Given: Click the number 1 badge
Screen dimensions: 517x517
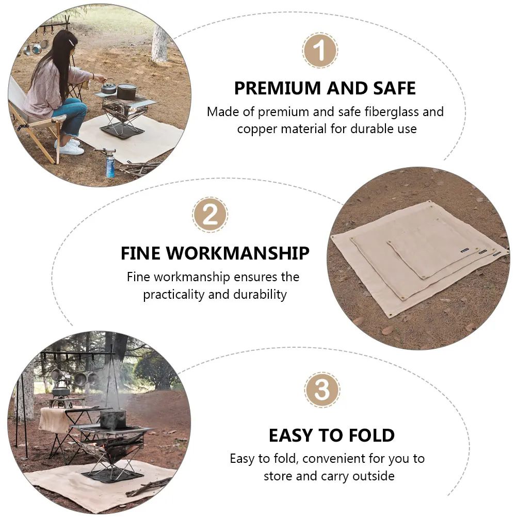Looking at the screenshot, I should coord(320,51).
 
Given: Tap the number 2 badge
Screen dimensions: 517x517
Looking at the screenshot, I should coord(210,214).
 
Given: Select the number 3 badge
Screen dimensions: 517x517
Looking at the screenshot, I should coord(322,390).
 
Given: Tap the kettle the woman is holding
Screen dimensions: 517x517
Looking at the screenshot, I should coord(108,87).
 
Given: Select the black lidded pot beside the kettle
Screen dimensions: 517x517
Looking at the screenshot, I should coord(126,91).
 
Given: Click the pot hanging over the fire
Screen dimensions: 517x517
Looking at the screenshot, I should coord(112,419).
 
